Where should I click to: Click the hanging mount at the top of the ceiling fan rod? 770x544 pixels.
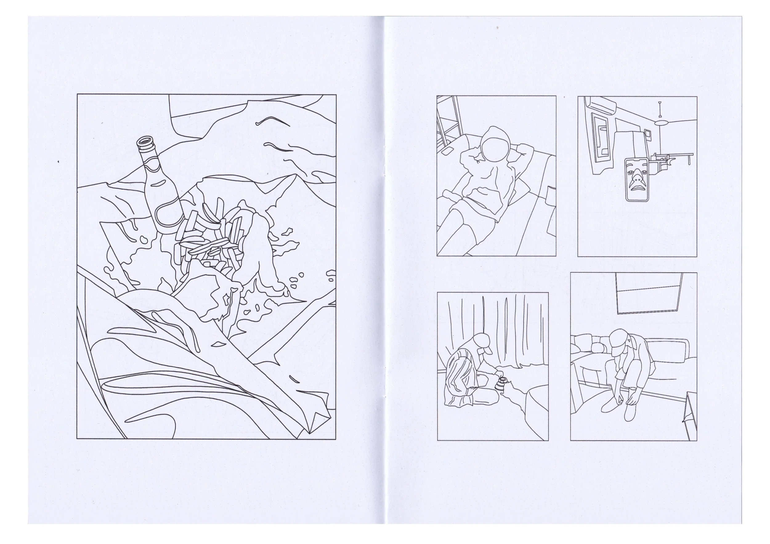tap(660, 103)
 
